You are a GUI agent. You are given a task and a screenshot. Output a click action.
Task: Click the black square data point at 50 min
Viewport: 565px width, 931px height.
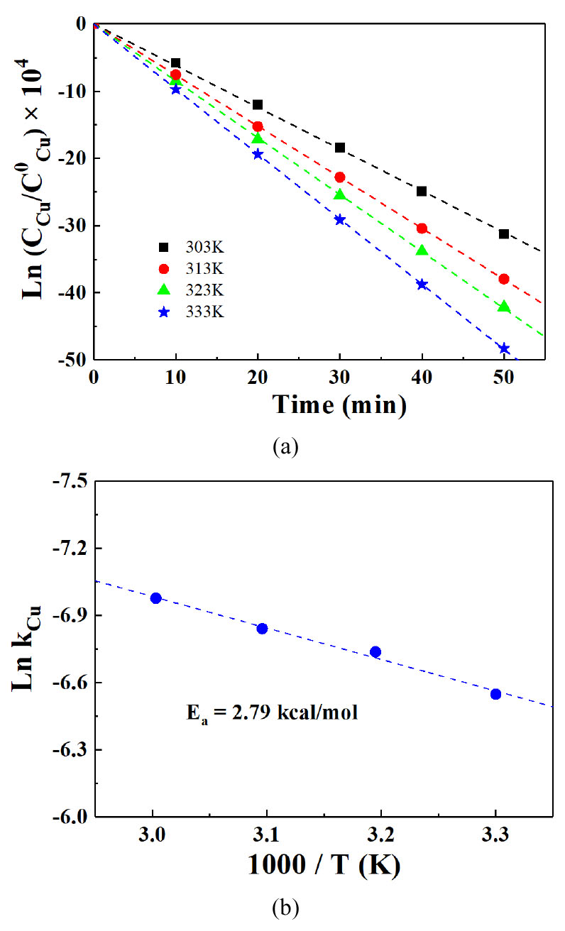pos(504,233)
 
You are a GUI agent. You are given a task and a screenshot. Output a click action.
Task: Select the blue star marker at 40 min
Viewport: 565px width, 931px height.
pos(422,284)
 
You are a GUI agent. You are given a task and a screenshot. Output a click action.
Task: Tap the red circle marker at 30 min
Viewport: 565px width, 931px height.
pos(340,177)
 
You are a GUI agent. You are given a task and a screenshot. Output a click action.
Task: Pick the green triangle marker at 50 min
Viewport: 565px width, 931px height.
pos(504,307)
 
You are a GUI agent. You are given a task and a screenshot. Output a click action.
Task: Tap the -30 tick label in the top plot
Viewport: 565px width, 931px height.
pos(72,226)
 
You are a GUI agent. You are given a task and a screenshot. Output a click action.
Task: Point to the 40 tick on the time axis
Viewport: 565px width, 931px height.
pos(422,376)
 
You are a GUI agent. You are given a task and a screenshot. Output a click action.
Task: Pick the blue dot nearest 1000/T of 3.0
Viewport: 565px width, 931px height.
pos(156,598)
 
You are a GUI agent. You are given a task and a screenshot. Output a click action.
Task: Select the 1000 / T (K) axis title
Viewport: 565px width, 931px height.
pos(325,865)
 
